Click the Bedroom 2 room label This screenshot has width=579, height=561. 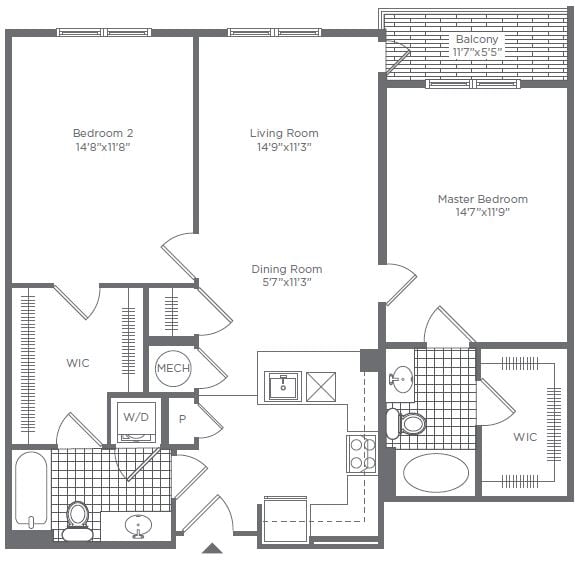(102, 133)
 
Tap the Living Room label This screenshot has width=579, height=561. (284, 133)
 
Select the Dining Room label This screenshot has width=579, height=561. (286, 269)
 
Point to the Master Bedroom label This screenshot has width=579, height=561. (482, 199)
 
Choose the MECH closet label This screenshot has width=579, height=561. (172, 369)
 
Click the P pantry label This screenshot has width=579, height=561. (183, 420)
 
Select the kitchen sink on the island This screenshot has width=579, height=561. (282, 385)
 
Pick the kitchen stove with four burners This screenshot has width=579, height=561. (361, 453)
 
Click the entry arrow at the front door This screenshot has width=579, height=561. (212, 548)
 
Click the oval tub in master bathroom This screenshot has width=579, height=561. (435, 472)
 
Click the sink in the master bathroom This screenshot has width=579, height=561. (401, 379)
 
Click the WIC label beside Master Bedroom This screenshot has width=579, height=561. (524, 437)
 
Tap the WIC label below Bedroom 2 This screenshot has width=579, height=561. (77, 363)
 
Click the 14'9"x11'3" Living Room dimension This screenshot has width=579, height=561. (284, 147)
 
